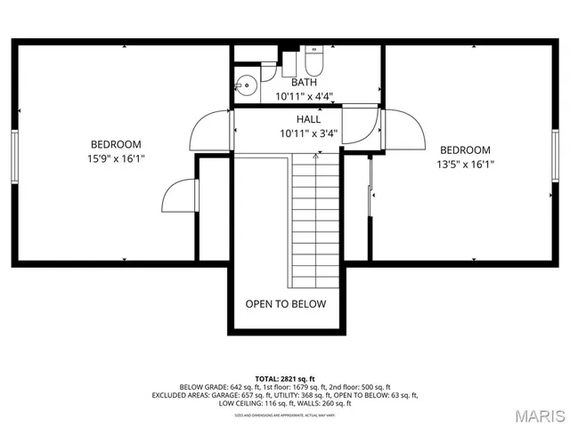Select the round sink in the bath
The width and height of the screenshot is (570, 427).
click(x=246, y=87)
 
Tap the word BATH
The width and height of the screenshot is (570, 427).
click(x=304, y=83)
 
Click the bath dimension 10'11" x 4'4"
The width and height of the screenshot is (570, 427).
click(x=304, y=97)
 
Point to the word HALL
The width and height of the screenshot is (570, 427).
click(x=309, y=119)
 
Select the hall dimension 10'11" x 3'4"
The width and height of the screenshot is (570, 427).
click(x=309, y=134)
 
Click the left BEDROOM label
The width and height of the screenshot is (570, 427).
click(x=116, y=144)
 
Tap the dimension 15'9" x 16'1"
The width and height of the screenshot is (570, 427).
click(x=116, y=159)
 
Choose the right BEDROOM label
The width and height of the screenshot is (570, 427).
click(x=465, y=149)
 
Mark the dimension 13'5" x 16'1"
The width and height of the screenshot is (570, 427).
click(x=465, y=165)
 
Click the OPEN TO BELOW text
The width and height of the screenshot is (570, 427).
click(x=286, y=303)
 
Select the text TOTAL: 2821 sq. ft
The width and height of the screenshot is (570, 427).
click(x=285, y=378)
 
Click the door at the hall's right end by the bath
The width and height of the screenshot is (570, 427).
click(x=359, y=125)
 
